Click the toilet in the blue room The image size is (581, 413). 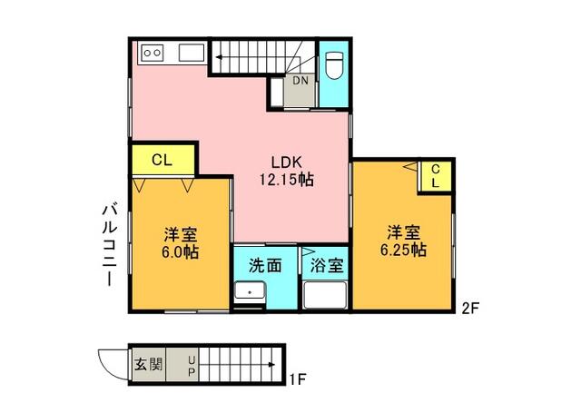click(x=334, y=66)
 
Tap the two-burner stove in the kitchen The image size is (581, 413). click(x=153, y=53)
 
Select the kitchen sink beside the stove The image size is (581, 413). click(x=192, y=53)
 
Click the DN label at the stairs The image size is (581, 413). click(x=300, y=81)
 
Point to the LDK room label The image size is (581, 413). click(x=287, y=162)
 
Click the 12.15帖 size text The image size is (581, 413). click(x=287, y=180)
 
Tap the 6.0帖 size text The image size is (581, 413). click(x=180, y=252)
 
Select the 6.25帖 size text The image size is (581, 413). click(x=403, y=250)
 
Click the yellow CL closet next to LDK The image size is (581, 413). click(x=163, y=160)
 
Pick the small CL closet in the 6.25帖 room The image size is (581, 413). click(x=435, y=177)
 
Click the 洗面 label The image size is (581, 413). click(x=265, y=265)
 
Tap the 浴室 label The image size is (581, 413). click(x=327, y=265)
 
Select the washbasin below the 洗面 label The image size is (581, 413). click(x=250, y=290)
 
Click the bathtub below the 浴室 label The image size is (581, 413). click(x=325, y=295)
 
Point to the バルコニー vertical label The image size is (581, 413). click(x=110, y=245)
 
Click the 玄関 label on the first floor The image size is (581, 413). click(x=148, y=365)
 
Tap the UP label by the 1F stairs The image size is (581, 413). click(x=192, y=366)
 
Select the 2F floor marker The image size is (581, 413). click(x=470, y=309)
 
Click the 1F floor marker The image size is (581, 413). click(x=298, y=379)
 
